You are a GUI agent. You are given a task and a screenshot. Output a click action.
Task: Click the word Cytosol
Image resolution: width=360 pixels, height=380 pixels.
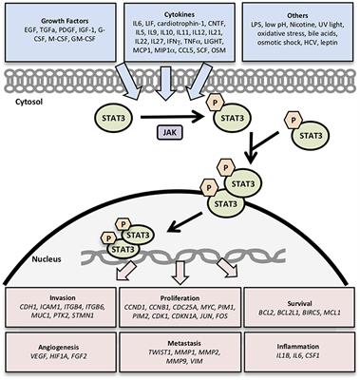pyautogui.click(x=22, y=106)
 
